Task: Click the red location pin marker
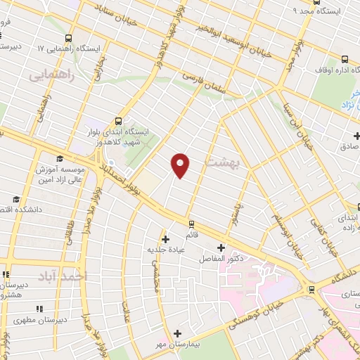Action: (x=181, y=165)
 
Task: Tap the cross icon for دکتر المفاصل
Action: (x=221, y=247)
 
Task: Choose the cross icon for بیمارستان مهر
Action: (x=177, y=333)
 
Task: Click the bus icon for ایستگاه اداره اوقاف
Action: (x=345, y=60)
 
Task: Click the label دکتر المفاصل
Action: (x=229, y=259)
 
